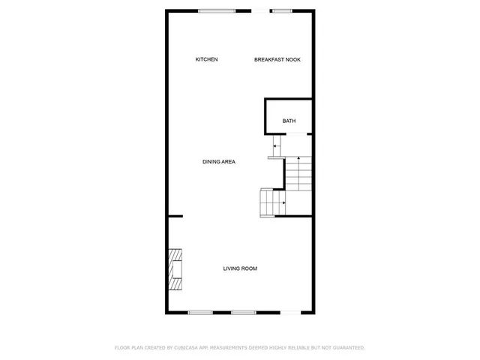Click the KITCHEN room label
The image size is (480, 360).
[x=206, y=59]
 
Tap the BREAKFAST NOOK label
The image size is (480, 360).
[x=277, y=59]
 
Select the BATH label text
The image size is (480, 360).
[x=289, y=121]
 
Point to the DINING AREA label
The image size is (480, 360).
[x=219, y=161]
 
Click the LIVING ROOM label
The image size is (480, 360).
[x=240, y=268]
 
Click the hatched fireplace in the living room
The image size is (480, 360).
[x=175, y=269]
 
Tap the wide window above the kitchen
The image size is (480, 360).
[x=217, y=10]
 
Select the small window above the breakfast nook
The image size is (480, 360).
[x=282, y=10]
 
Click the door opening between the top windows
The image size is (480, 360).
[x=260, y=10]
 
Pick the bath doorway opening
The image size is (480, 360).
[x=298, y=133]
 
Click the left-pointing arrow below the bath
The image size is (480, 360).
[x=275, y=145]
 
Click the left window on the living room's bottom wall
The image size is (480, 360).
[x=200, y=312]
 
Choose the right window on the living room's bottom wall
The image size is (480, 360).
[x=243, y=312]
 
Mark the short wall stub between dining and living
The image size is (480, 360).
[x=175, y=217]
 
